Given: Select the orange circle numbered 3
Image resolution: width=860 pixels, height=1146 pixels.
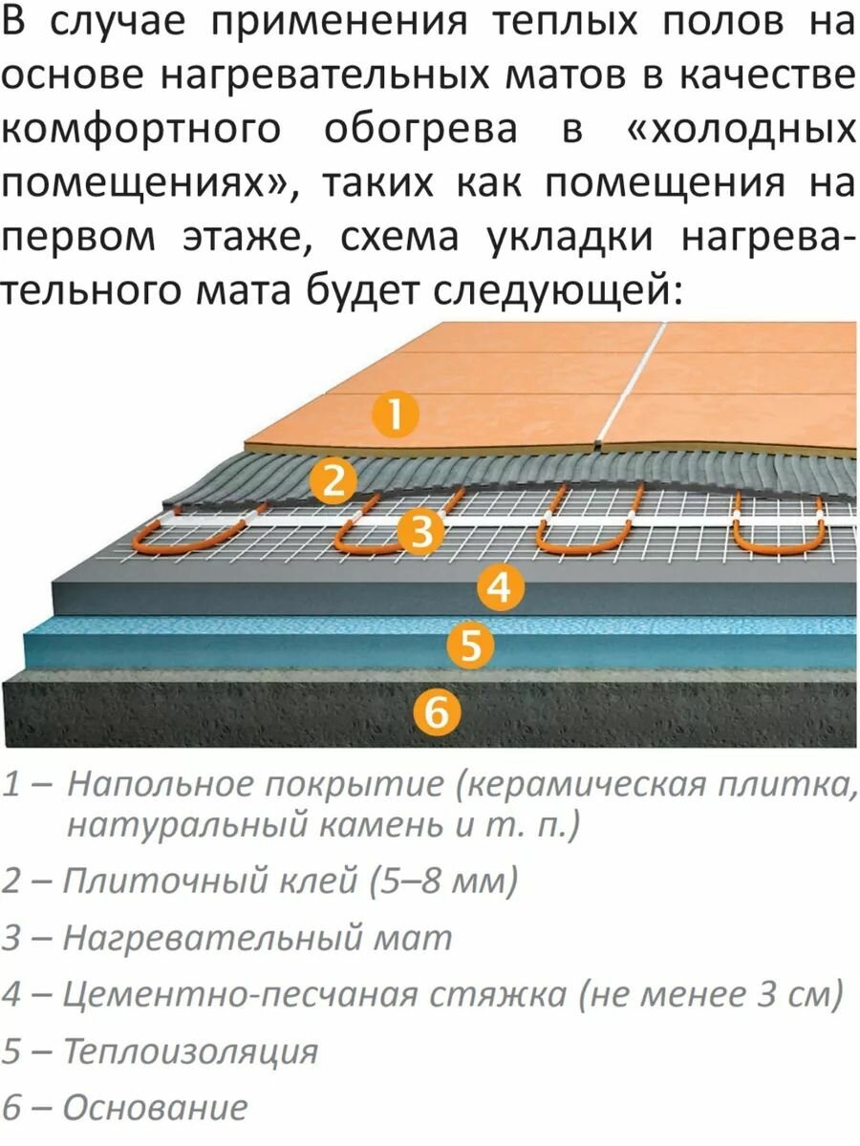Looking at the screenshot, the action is click(421, 531).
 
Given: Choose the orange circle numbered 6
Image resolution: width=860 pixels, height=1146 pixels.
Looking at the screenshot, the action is click(436, 711).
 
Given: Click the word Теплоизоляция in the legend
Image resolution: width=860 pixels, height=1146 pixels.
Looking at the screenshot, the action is click(190, 1051).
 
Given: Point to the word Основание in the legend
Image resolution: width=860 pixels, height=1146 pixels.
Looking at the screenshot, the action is click(155, 1108).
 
